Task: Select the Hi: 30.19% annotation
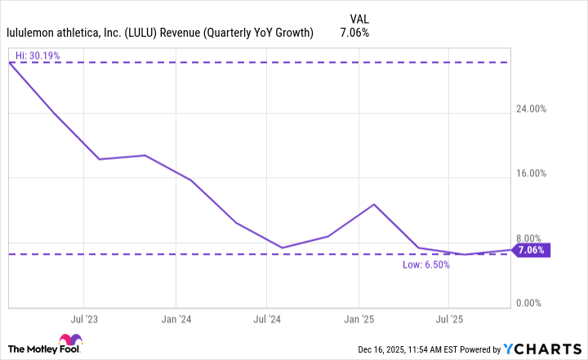coord(38,56)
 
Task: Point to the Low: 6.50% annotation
coord(425,264)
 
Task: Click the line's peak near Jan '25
coord(374,204)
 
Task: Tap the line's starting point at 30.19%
coord(9,63)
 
